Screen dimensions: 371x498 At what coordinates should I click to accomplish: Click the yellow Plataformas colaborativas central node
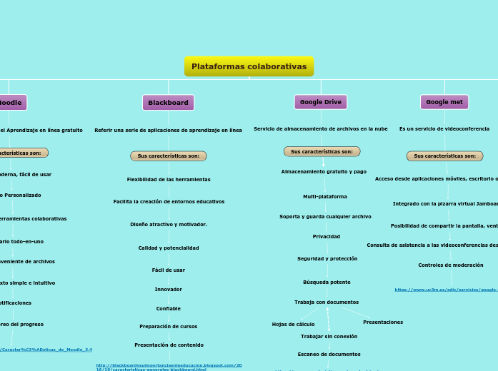(x=249, y=66)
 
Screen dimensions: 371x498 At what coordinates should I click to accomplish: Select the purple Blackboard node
(x=168, y=103)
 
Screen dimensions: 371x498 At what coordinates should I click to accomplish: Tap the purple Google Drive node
(x=320, y=102)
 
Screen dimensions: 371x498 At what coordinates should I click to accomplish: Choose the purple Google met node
(x=444, y=102)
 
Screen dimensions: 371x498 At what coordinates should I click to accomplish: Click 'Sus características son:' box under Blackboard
(x=168, y=156)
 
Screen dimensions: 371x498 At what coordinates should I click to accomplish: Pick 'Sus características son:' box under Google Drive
(x=322, y=151)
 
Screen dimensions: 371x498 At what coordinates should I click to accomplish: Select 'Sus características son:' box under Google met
(x=444, y=156)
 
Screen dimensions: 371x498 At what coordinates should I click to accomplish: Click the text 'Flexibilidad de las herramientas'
(x=169, y=179)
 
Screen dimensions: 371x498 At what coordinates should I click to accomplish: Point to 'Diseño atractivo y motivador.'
(x=169, y=224)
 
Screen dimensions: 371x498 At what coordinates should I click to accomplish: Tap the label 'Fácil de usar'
(x=169, y=270)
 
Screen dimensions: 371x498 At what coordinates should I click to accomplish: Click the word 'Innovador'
(x=169, y=289)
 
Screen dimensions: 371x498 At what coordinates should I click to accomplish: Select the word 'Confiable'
(x=169, y=308)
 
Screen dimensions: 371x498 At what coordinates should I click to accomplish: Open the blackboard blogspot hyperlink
(x=169, y=367)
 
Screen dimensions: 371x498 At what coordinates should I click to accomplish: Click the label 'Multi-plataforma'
(x=325, y=196)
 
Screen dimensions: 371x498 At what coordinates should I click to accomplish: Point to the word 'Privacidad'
(x=327, y=236)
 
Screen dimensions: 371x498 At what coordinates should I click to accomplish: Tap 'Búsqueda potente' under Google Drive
(x=327, y=282)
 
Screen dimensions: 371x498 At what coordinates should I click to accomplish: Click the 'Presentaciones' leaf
(x=383, y=322)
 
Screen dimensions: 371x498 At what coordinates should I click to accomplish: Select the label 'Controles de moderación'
(x=451, y=265)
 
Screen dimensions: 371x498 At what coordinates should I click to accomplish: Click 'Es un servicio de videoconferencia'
(x=444, y=129)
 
